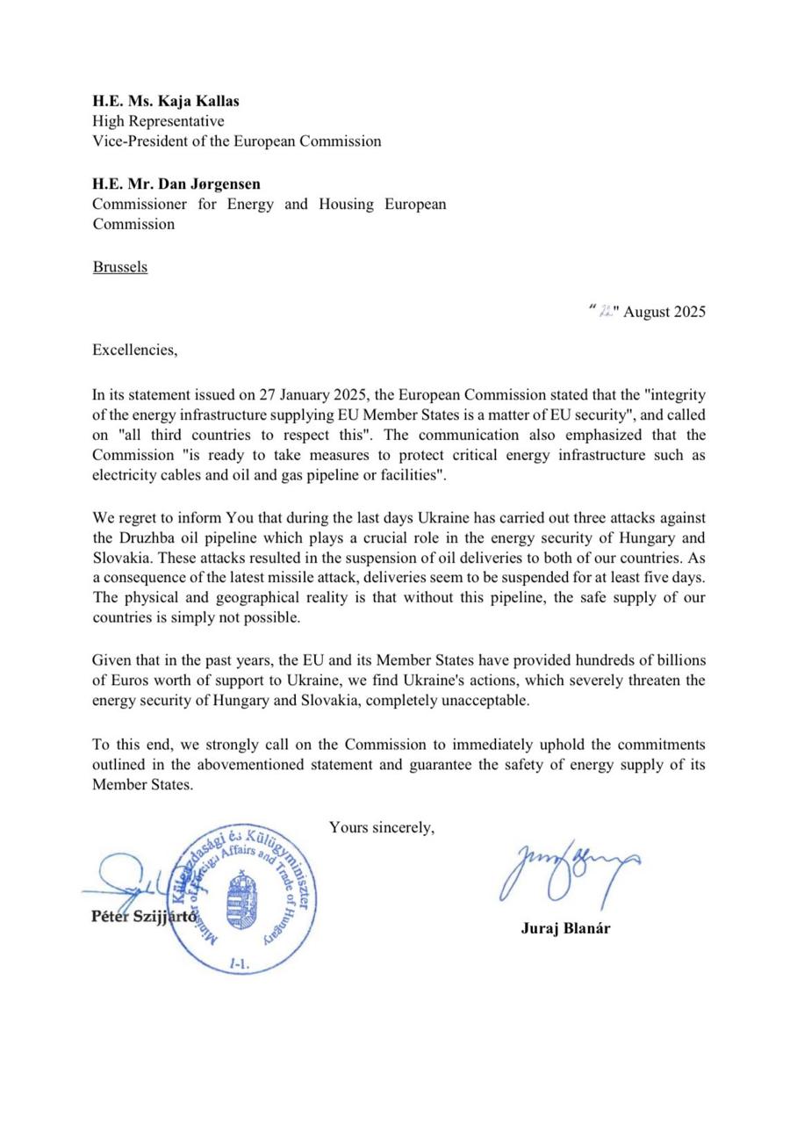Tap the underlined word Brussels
[120, 267]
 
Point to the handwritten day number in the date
[606, 312]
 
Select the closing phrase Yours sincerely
[382, 827]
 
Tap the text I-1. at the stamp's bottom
[239, 963]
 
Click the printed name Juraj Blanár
[565, 928]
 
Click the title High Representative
[158, 121]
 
